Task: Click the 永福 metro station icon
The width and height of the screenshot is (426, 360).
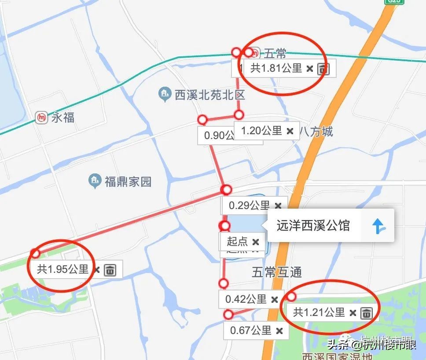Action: [x=42, y=118]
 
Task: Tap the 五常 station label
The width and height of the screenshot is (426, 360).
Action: [x=275, y=54]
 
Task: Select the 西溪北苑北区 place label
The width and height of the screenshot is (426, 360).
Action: [x=209, y=95]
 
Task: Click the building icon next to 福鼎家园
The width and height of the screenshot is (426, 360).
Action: [x=94, y=180]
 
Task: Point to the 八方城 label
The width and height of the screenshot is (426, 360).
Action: [x=316, y=131]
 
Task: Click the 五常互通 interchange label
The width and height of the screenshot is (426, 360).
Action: [x=277, y=272]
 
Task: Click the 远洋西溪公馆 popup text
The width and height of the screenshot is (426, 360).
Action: [x=313, y=226]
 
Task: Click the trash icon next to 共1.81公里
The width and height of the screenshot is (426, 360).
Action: [x=323, y=68]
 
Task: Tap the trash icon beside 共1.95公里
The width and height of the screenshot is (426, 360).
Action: [x=110, y=269]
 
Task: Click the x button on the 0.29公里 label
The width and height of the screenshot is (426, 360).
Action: [x=278, y=206]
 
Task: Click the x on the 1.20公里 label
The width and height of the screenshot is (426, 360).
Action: [x=290, y=131]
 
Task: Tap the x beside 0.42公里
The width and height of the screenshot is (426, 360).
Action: [x=275, y=299]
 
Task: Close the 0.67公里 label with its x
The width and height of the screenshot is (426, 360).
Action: [x=279, y=331]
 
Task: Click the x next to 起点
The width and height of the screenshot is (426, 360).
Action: [x=256, y=242]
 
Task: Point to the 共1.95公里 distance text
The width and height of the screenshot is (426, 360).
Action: [x=63, y=269]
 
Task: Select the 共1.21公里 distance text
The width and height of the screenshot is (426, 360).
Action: [x=319, y=312]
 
